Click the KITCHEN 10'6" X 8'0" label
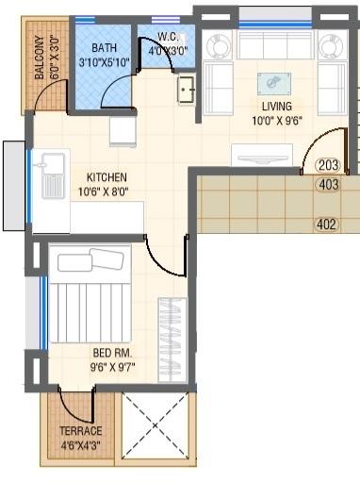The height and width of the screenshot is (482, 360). pyautogui.click(x=106, y=184)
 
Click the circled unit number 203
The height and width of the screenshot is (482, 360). pyautogui.click(x=328, y=164)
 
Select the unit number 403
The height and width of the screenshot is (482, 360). pyautogui.click(x=328, y=185)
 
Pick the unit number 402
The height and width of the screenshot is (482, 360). pyautogui.click(x=325, y=224)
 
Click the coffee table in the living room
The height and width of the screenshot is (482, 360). pyautogui.click(x=274, y=82)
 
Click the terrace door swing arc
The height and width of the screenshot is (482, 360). pyautogui.click(x=75, y=406)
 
